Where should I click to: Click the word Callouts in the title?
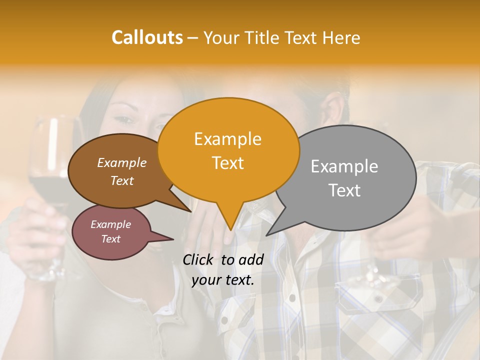147,37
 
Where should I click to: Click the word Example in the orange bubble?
227,139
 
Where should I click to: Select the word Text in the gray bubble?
344,190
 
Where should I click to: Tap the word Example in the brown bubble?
121,162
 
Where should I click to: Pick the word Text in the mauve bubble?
110,239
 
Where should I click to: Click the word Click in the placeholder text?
199,259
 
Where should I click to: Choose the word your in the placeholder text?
206,280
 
